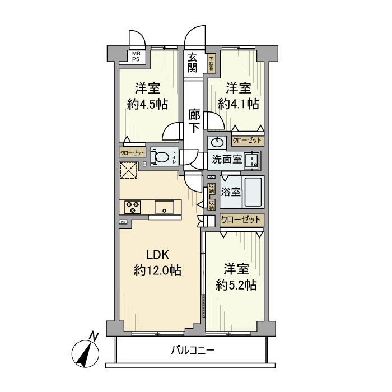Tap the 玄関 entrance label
tap(193, 62)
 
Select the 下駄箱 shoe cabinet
tap(212, 63)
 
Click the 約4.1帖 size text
tap(238, 104)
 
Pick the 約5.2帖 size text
tap(236, 285)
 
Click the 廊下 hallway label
tap(194, 121)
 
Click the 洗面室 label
tap(226, 159)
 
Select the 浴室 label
tap(231, 192)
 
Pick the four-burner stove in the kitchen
tap(133, 207)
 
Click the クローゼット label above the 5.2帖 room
tap(241, 220)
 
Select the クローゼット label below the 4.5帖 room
tap(132, 153)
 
